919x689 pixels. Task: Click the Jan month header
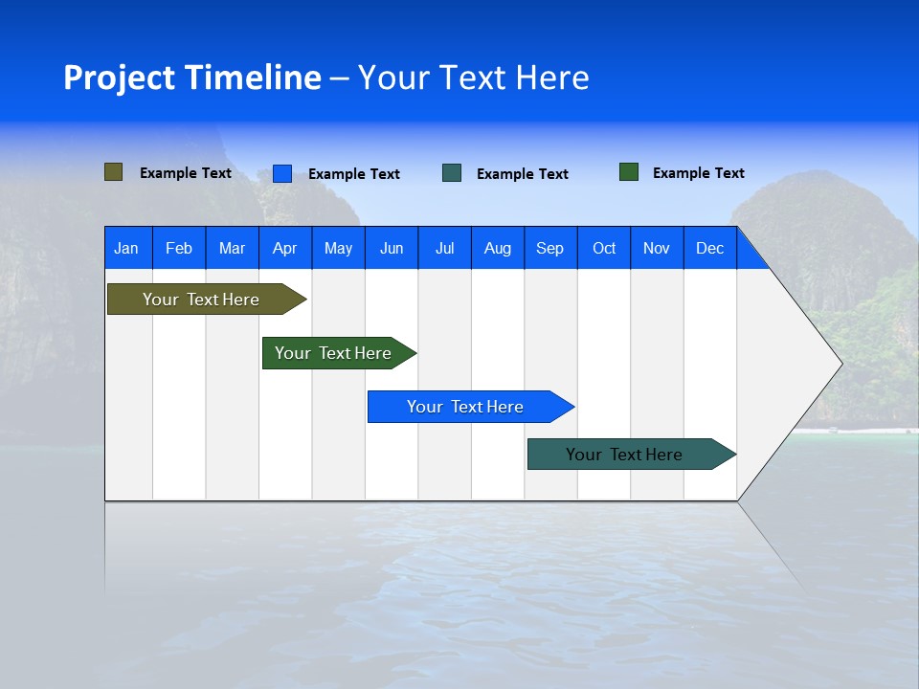(126, 248)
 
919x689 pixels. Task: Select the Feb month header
(179, 248)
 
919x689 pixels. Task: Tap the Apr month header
(285, 248)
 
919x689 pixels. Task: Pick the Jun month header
(392, 248)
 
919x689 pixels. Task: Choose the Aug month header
(498, 248)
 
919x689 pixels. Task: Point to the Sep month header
(550, 248)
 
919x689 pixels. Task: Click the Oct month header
(604, 248)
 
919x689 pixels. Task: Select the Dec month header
(710, 248)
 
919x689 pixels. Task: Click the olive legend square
(114, 172)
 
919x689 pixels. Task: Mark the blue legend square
(282, 173)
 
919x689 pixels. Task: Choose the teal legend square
(452, 173)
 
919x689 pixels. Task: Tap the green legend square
(629, 172)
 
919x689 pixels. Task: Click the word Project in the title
(119, 78)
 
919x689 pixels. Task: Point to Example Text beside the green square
(698, 173)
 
